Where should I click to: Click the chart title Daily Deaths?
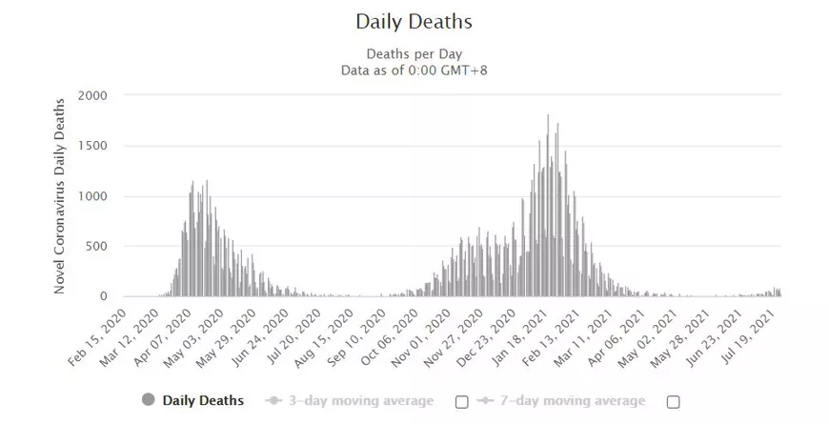coord(414,21)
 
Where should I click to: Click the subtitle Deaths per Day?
coord(414,53)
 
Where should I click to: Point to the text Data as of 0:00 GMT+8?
coord(414,70)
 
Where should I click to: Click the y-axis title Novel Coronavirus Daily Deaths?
coord(59,195)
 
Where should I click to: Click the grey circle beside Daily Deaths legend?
coord(149,400)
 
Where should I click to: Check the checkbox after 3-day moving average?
coord(462,402)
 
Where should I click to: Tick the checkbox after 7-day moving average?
coord(673,402)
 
